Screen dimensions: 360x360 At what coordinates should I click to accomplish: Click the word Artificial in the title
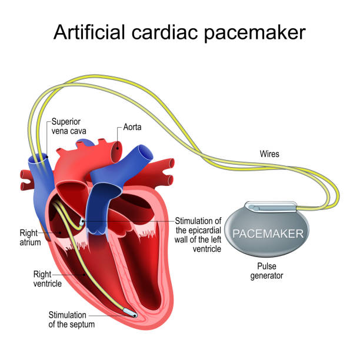tap(89, 32)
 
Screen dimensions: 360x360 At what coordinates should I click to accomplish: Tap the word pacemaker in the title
tap(255, 34)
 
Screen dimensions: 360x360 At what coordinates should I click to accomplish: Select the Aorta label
tap(132, 127)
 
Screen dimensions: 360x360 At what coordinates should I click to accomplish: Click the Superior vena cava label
tap(69, 126)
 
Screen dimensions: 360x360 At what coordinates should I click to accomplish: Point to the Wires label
tap(269, 154)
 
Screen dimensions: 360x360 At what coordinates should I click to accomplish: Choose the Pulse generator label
tap(266, 271)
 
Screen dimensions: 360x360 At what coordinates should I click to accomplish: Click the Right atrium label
tap(30, 238)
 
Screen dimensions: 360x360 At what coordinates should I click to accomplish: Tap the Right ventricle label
tap(47, 279)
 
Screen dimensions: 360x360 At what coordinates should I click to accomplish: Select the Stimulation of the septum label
tap(71, 319)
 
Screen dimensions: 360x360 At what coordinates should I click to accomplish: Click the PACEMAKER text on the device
tap(268, 234)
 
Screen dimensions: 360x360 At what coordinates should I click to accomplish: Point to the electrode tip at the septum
tap(130, 313)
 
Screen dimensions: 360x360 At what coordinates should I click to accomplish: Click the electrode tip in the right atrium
tap(82, 222)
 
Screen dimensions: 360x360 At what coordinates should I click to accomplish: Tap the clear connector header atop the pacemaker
tap(271, 207)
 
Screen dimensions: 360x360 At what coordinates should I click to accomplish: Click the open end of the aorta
tap(116, 152)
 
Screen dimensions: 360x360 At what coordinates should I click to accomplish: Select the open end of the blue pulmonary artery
tap(145, 152)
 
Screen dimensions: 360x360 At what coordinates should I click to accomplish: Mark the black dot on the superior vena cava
tap(47, 157)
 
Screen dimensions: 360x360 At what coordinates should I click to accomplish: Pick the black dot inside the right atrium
tap(60, 232)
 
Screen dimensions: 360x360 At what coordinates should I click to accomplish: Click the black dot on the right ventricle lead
tap(85, 274)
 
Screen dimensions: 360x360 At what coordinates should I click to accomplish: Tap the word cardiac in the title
tap(164, 32)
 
